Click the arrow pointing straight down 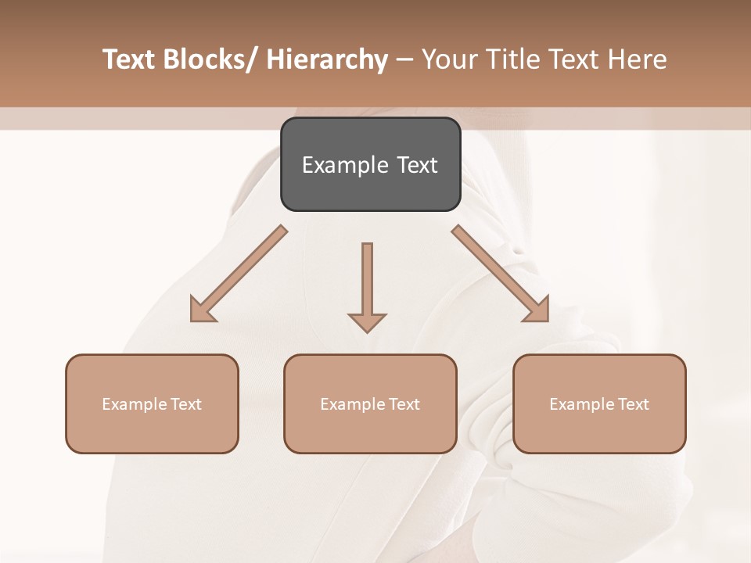[x=367, y=285]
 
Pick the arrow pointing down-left [x=239, y=274]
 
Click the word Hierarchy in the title [x=327, y=59]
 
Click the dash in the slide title [x=404, y=59]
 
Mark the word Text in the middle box [x=404, y=404]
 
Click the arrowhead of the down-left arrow [x=201, y=311]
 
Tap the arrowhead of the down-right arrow [x=538, y=311]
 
